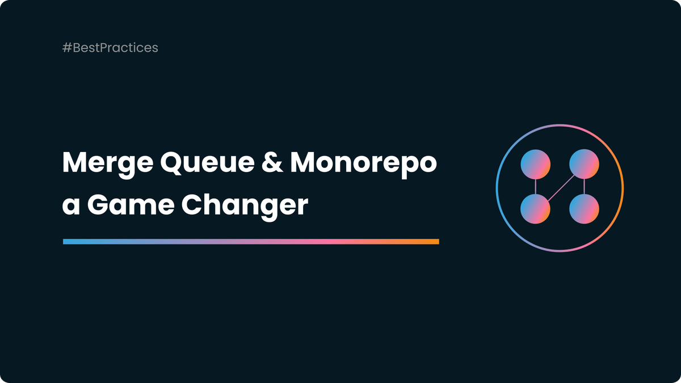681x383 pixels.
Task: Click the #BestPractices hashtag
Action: point(110,48)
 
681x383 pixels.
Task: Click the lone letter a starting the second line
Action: point(71,207)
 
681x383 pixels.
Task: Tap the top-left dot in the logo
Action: point(535,164)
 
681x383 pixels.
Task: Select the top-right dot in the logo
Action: point(584,164)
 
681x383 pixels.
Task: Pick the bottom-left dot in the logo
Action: point(535,209)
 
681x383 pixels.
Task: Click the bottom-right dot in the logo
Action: point(584,209)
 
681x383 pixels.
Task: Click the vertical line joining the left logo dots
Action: point(535,187)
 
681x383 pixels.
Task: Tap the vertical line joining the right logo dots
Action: point(584,187)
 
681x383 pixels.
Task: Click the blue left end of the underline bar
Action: point(68,242)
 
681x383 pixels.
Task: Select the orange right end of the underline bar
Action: point(434,242)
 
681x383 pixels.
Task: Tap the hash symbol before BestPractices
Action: point(66,48)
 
